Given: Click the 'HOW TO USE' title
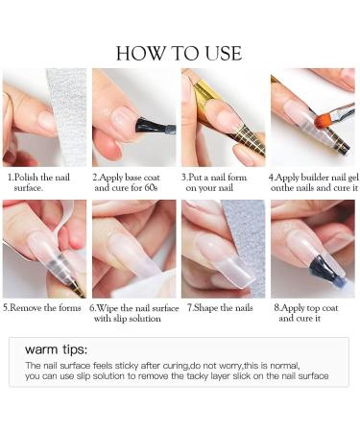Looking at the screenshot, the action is [x=179, y=53].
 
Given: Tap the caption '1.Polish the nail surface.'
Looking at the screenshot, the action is [x=38, y=182].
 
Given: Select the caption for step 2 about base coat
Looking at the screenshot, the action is [x=126, y=182].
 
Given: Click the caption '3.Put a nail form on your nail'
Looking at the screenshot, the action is [x=214, y=182].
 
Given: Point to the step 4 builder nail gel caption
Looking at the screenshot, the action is [x=314, y=182].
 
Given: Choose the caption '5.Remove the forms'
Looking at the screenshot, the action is [x=42, y=308].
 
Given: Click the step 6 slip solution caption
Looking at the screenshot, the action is [x=133, y=313].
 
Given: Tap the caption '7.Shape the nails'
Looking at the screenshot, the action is [x=220, y=308].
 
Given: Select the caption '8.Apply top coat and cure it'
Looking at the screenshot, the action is [x=306, y=313].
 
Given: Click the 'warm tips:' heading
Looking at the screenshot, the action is [x=56, y=349].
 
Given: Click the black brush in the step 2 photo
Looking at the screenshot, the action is [x=155, y=127].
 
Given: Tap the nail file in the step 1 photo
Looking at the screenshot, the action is [x=68, y=117].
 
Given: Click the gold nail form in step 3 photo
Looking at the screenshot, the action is [x=230, y=122].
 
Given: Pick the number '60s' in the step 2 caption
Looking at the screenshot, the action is [x=151, y=187].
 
